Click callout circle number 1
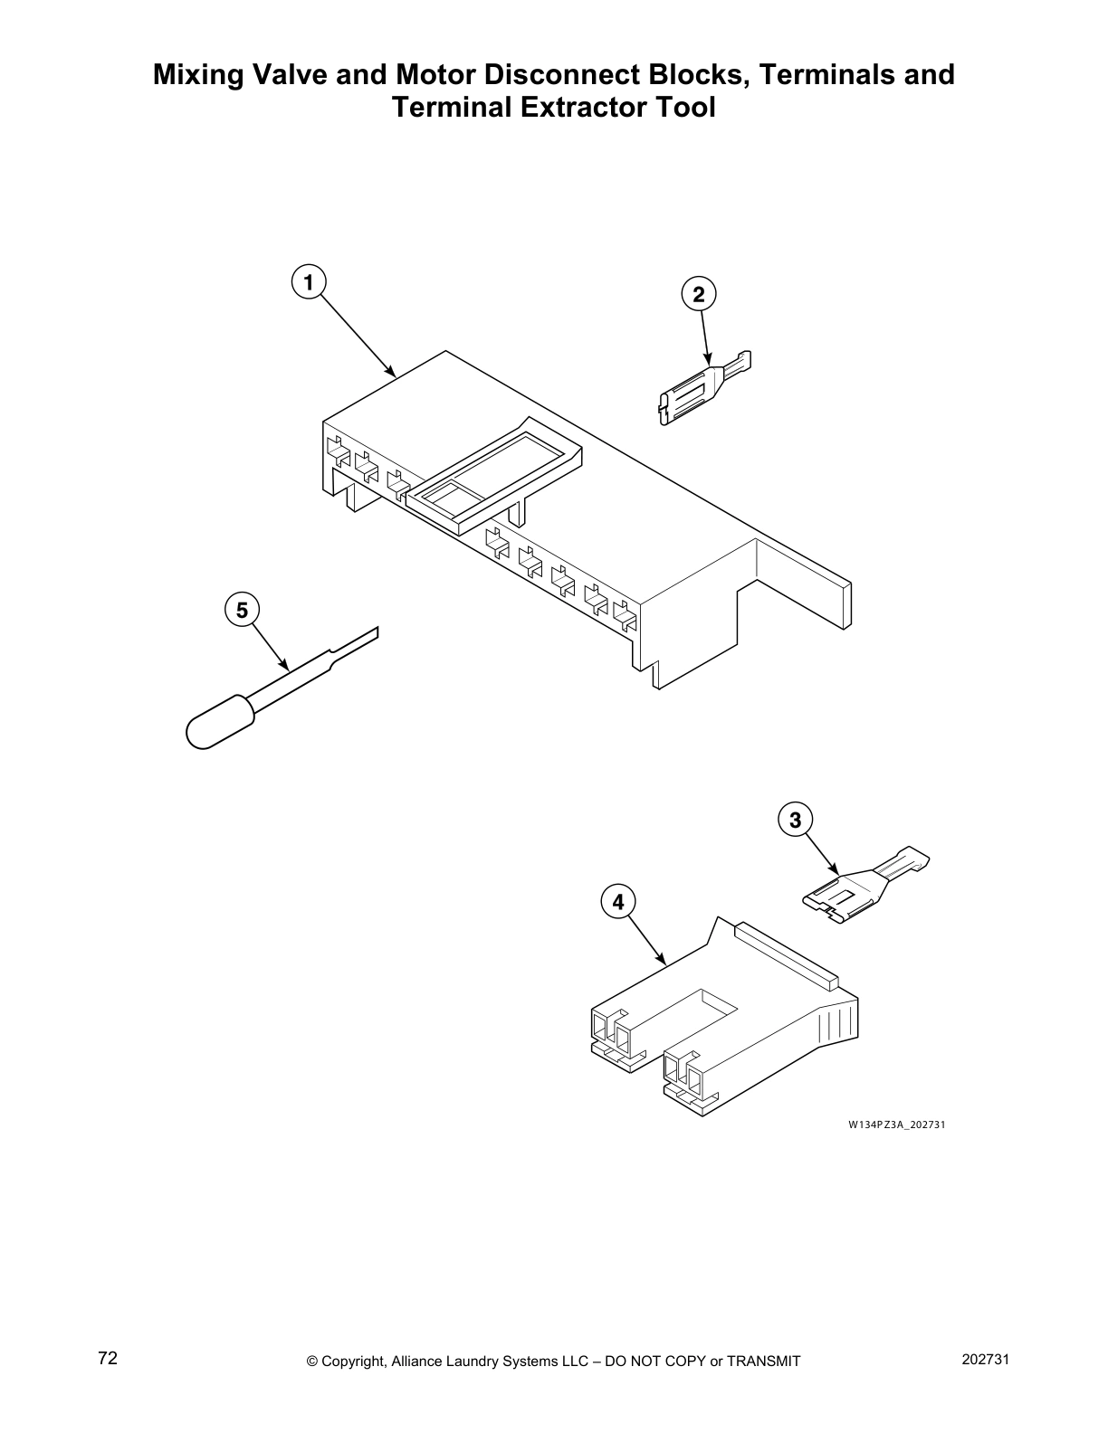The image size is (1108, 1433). pyautogui.click(x=309, y=282)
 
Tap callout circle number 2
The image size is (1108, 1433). pyautogui.click(x=698, y=294)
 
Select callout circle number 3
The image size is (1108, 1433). pyautogui.click(x=795, y=821)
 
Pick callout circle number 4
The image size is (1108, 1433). pyautogui.click(x=618, y=902)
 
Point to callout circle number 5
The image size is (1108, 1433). pyautogui.click(x=242, y=611)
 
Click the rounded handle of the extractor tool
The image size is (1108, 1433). pyautogui.click(x=215, y=722)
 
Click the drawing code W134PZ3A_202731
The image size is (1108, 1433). pyautogui.click(x=896, y=1125)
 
